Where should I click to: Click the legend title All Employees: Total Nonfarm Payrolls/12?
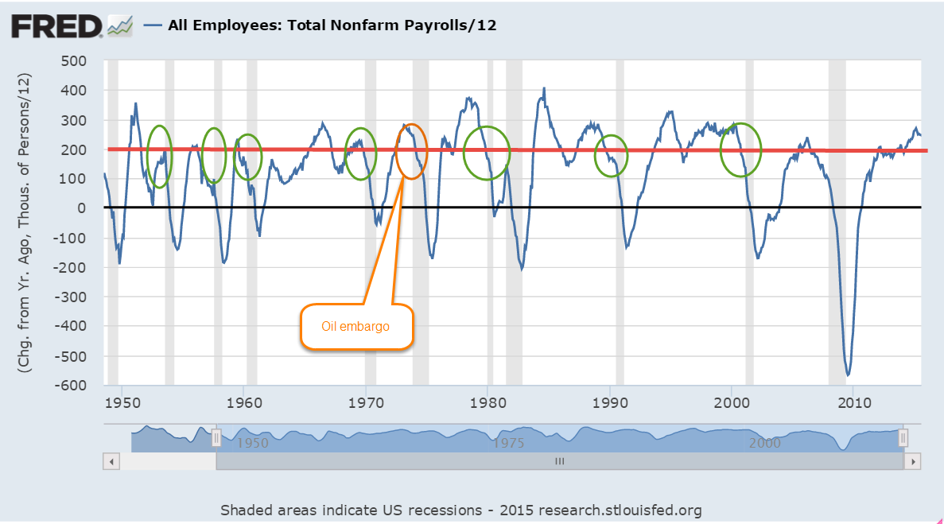[332, 25]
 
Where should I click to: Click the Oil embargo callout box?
[356, 326]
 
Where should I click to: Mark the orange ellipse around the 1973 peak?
[411, 151]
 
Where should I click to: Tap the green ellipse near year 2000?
[740, 150]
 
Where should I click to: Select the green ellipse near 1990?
[612, 156]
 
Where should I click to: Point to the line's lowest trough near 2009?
[849, 375]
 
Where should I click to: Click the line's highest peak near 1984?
[544, 88]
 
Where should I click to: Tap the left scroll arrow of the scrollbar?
[112, 461]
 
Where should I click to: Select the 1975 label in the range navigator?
[509, 443]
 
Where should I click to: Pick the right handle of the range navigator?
[903, 438]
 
